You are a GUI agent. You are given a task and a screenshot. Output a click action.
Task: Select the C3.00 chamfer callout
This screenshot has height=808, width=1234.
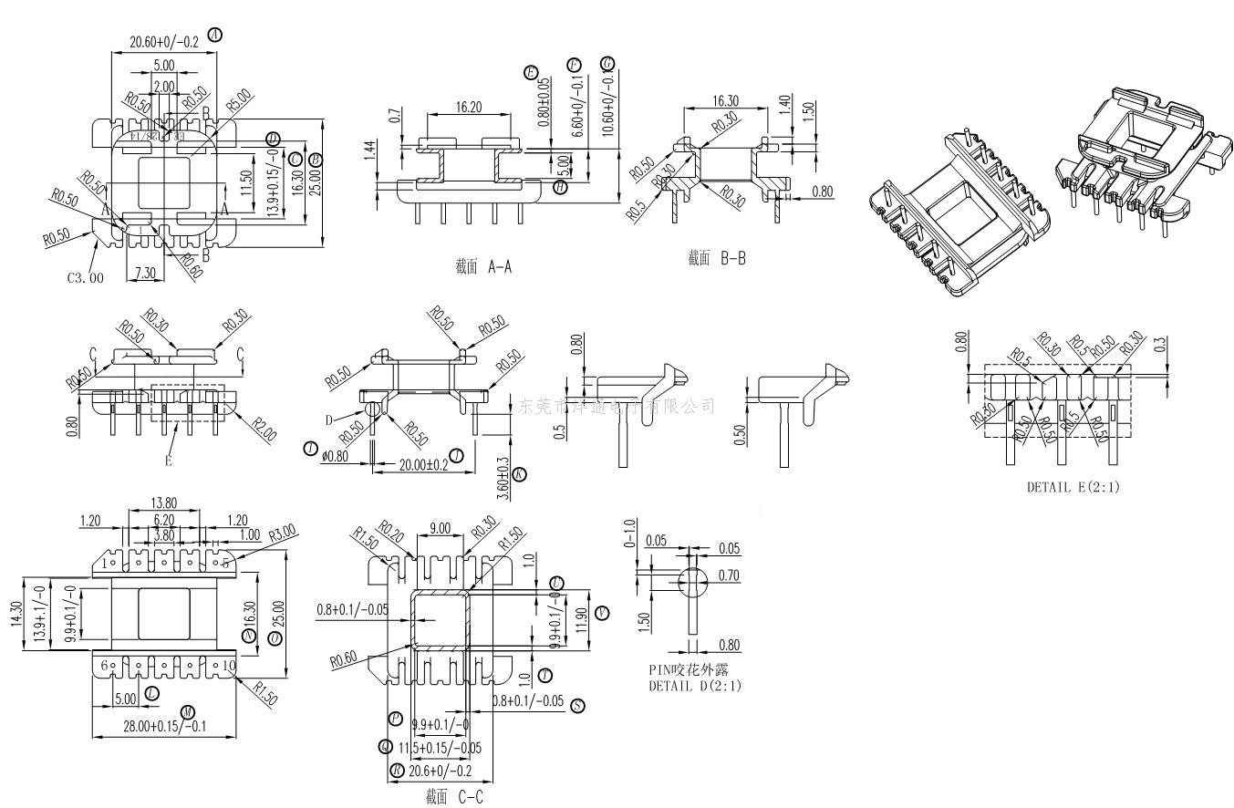[86, 277]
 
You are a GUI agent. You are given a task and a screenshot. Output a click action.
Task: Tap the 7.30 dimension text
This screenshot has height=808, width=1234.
[144, 273]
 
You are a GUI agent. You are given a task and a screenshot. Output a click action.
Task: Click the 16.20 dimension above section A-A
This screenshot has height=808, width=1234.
[466, 107]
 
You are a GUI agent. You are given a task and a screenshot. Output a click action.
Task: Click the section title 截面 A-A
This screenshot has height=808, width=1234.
[483, 267]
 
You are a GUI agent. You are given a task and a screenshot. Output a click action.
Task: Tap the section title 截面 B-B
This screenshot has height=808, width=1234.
[717, 259]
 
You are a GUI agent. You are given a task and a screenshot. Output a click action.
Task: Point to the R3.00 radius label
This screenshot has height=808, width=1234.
[281, 531]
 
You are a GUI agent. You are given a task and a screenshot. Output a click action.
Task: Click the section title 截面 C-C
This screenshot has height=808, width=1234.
[453, 797]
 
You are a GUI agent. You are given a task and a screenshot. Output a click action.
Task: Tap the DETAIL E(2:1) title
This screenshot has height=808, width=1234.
[1073, 487]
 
